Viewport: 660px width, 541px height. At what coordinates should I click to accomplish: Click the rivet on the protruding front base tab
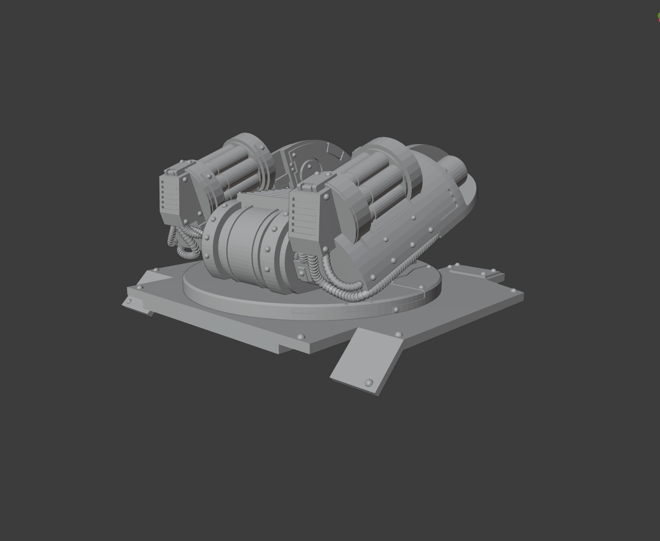(x=369, y=382)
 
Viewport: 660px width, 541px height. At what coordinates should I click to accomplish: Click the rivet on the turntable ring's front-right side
(x=396, y=310)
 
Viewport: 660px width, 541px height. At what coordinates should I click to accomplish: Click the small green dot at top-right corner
(x=658, y=16)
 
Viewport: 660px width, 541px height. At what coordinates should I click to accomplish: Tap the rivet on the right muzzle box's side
(x=326, y=197)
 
